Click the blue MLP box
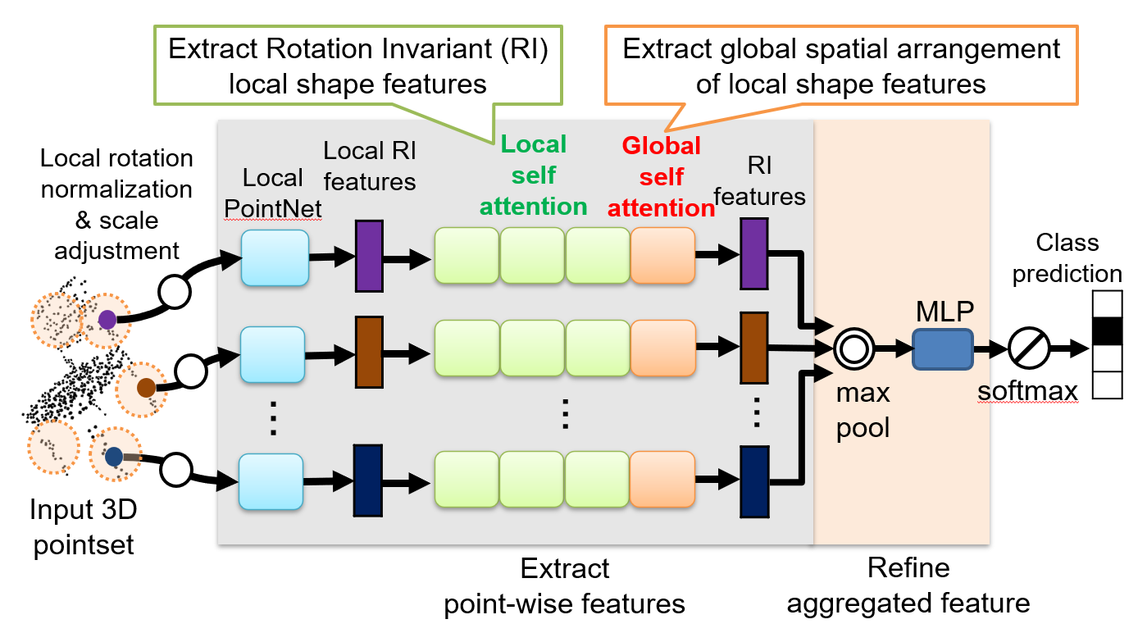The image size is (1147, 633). tap(942, 348)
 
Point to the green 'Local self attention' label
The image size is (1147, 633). tap(534, 175)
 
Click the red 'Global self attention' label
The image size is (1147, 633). tap(661, 177)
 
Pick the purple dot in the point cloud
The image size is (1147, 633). tap(107, 318)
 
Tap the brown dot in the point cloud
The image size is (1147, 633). tap(146, 387)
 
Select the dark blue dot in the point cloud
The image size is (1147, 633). tap(114, 456)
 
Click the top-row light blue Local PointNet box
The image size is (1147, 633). tap(275, 257)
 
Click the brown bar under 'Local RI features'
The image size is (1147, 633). tap(369, 352)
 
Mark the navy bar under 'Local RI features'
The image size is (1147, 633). tap(368, 480)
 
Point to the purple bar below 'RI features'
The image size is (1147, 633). tap(753, 253)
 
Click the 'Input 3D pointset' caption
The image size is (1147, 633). tap(83, 526)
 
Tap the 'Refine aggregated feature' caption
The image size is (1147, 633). tap(908, 585)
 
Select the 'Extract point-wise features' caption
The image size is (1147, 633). tap(565, 585)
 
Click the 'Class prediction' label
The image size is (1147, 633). tap(1067, 258)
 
